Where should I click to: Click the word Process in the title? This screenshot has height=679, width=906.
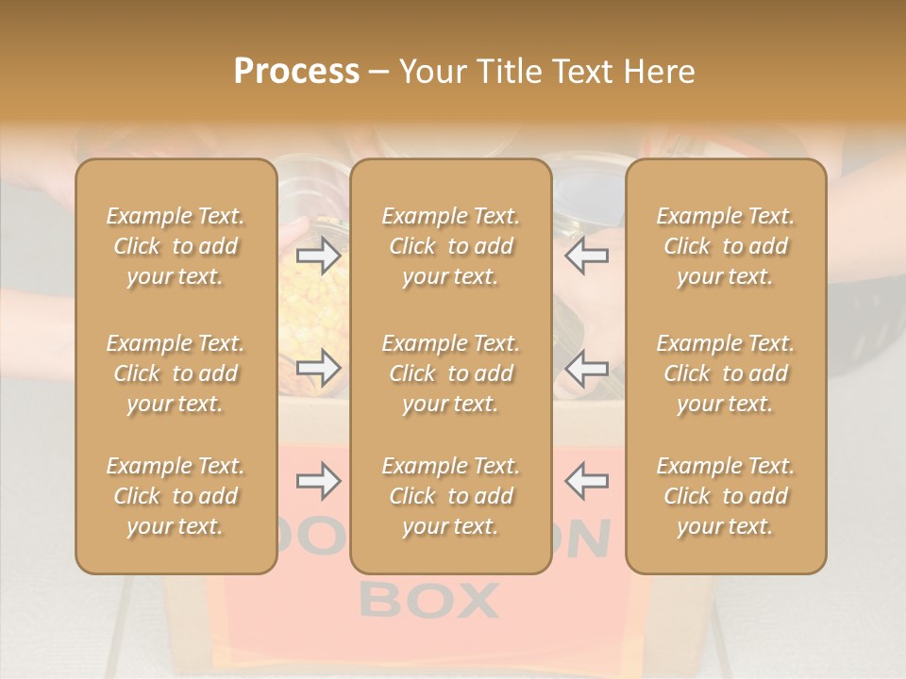coord(296,71)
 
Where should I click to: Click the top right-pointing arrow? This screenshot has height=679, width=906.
coord(319,255)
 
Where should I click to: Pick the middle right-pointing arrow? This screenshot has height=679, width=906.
coord(319,368)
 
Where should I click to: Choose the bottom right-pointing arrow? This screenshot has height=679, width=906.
coord(319,481)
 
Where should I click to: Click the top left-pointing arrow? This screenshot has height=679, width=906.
coord(586,255)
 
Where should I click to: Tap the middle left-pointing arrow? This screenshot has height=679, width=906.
coord(586,368)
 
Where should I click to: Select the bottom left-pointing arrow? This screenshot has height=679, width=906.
coord(586,481)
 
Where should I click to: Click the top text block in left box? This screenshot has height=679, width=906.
coord(176,246)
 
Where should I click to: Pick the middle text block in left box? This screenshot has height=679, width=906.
coord(176,373)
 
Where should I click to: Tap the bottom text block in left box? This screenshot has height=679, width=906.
coord(176,496)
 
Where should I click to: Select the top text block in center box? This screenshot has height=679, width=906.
coord(450,246)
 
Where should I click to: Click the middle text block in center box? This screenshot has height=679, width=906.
coord(450,373)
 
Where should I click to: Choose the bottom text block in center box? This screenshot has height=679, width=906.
coord(450,496)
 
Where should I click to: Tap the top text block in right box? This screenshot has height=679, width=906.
coord(726,246)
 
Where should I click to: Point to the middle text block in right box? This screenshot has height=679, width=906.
coord(726,373)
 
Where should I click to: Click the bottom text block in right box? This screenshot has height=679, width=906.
coord(726,496)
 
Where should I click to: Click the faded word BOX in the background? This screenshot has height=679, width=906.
coord(429,600)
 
